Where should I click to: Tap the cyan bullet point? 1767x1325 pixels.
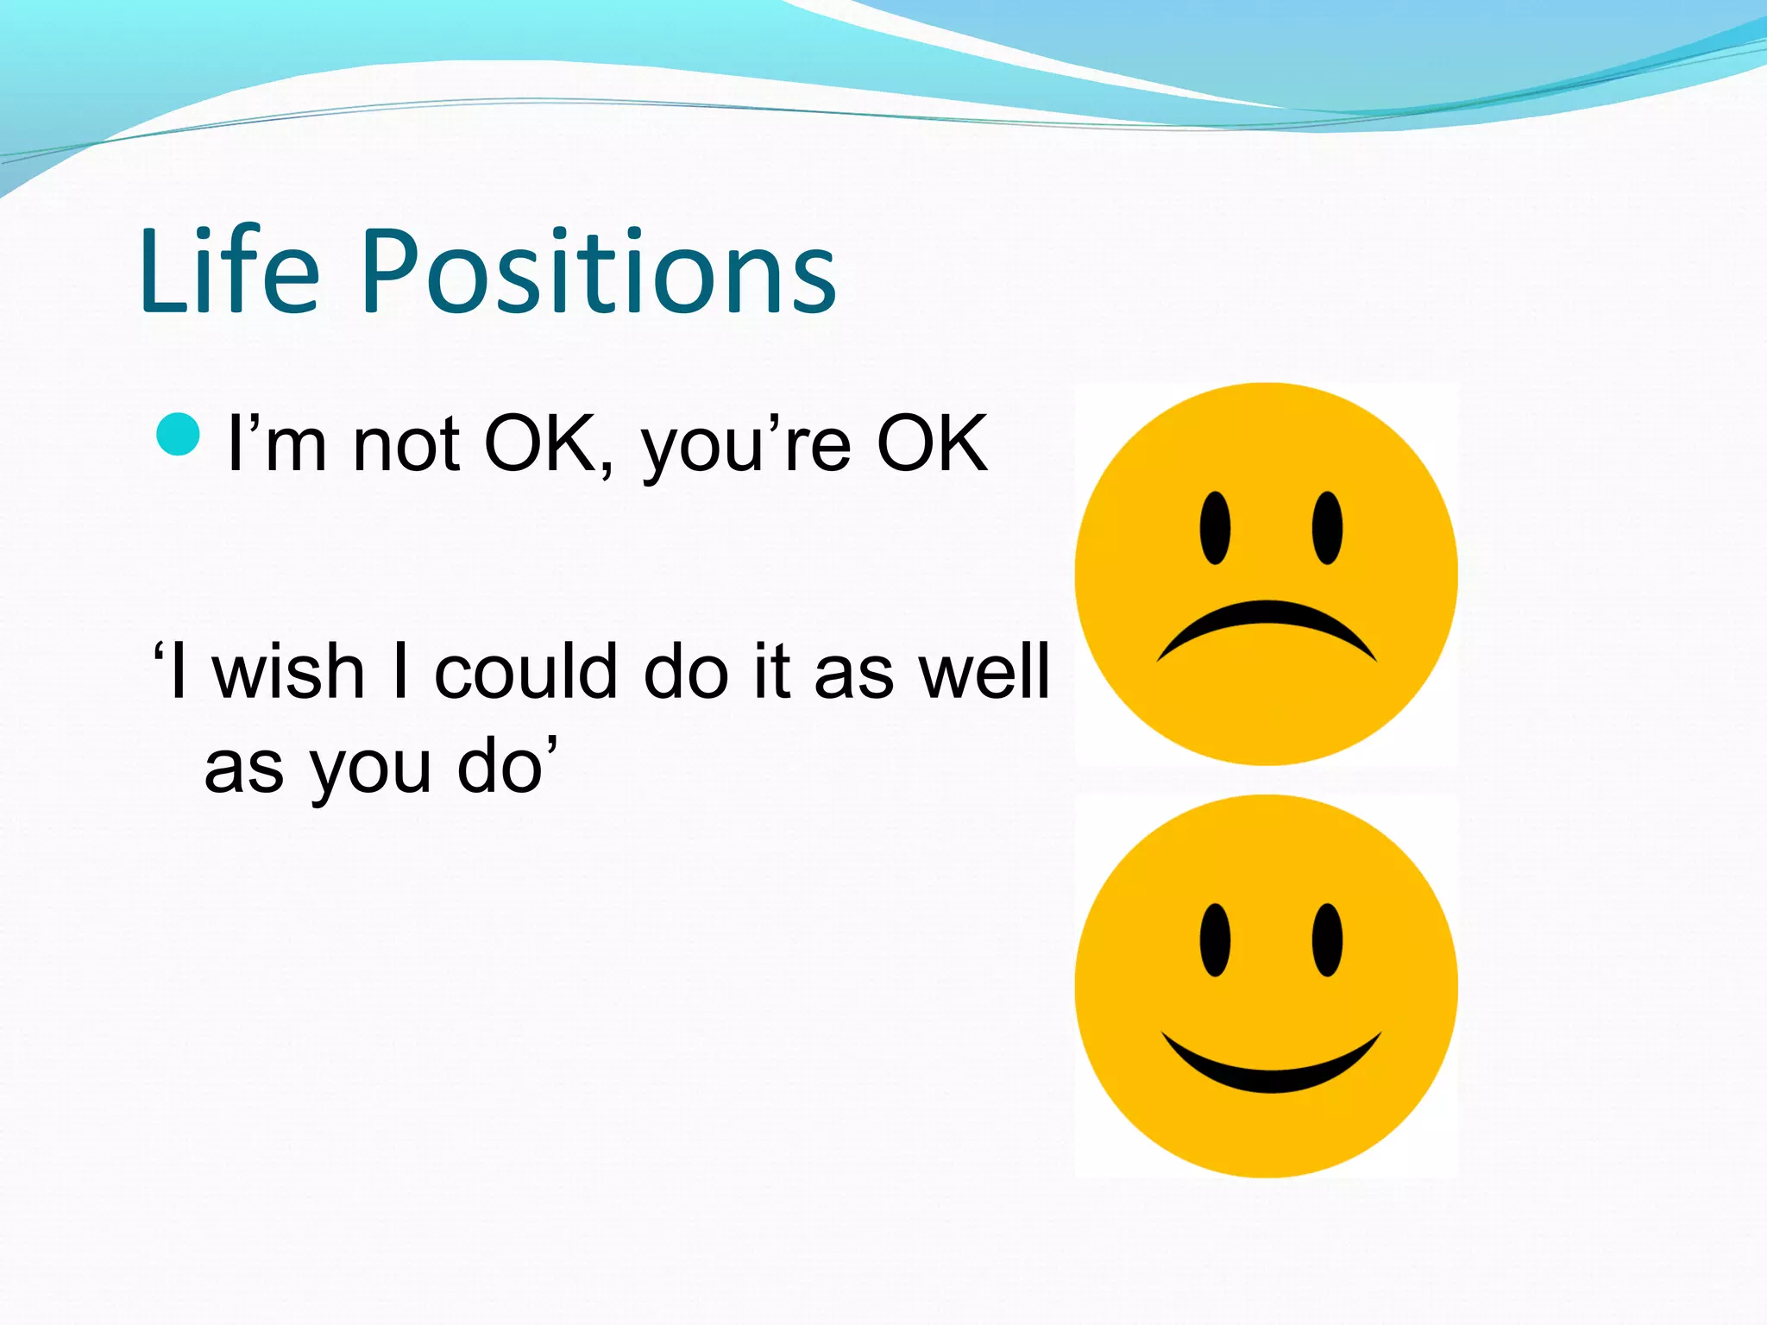[179, 434]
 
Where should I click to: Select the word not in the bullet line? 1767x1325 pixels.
[406, 445]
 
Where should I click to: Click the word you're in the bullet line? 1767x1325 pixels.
[745, 447]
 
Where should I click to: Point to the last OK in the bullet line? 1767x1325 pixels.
[932, 443]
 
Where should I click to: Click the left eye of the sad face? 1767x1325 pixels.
[1215, 528]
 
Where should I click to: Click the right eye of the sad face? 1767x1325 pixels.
[1327, 528]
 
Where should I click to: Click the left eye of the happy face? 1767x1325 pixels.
[1215, 940]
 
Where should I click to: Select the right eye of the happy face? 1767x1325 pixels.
[1327, 940]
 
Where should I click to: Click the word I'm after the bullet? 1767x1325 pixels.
[277, 445]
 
